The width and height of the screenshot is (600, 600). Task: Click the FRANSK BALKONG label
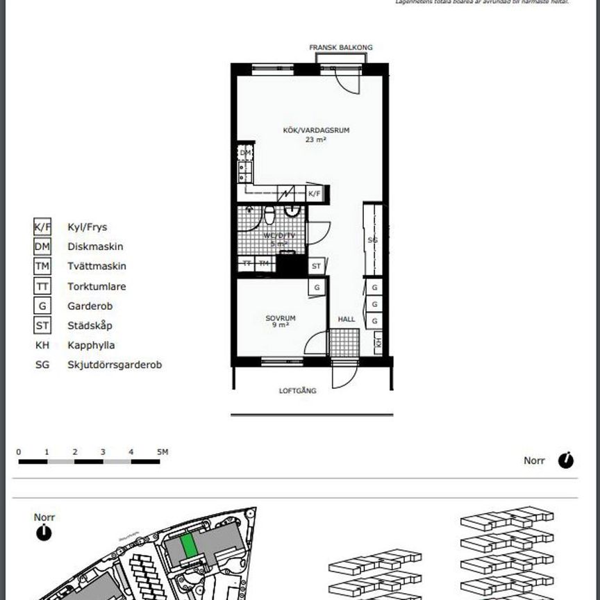[340, 47]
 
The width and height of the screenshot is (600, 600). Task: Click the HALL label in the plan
[346, 319]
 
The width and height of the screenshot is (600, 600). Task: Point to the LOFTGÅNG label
[298, 391]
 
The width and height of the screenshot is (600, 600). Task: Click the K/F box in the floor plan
[315, 194]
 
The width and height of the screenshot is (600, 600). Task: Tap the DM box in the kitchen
[245, 153]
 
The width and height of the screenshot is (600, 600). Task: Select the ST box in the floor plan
[316, 266]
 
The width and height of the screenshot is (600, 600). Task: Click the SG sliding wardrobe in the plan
[372, 240]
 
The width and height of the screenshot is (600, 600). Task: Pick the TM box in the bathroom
[264, 264]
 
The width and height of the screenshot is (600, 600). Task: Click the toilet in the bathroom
[270, 215]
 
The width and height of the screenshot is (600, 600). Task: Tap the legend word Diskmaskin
[95, 247]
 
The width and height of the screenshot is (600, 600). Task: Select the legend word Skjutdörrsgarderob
[115, 365]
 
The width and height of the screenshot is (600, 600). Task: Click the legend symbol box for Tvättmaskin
[42, 266]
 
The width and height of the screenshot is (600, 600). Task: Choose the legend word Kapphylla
[91, 345]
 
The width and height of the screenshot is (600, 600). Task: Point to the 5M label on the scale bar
[162, 452]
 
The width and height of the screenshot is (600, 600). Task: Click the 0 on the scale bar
[18, 452]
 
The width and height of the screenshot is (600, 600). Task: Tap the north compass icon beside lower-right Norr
[566, 460]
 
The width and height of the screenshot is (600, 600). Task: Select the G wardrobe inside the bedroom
[316, 287]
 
